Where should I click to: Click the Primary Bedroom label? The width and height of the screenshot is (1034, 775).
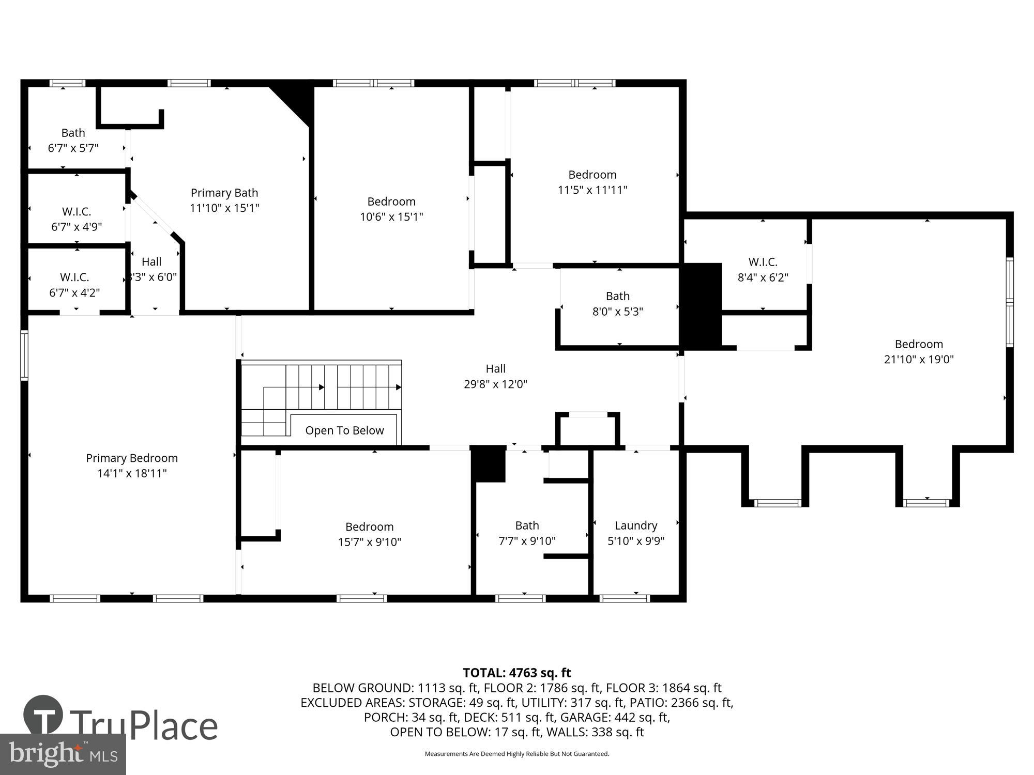pyautogui.click(x=132, y=458)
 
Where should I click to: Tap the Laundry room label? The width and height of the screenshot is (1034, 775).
pyautogui.click(x=635, y=525)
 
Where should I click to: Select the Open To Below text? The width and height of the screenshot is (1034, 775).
pyautogui.click(x=344, y=430)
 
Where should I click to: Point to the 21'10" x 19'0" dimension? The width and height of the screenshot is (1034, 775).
pyautogui.click(x=919, y=359)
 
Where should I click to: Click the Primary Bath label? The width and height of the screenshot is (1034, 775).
pyautogui.click(x=224, y=193)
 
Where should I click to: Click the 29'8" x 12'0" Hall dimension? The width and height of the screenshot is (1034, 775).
pyautogui.click(x=495, y=384)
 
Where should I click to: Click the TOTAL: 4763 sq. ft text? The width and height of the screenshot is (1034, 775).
pyautogui.click(x=516, y=673)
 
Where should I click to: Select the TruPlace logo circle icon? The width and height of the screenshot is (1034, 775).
pyautogui.click(x=43, y=716)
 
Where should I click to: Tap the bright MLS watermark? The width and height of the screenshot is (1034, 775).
pyautogui.click(x=63, y=754)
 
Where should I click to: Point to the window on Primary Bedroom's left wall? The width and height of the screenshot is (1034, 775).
pyautogui.click(x=24, y=355)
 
